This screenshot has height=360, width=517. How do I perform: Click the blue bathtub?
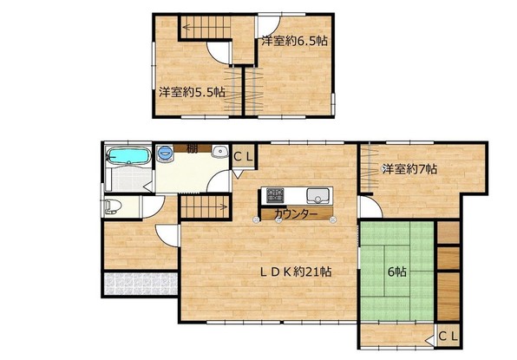click(128, 155)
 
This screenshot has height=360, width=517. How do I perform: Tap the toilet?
click(113, 206)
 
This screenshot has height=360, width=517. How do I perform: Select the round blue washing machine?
click(164, 153)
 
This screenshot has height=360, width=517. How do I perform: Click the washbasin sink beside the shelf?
click(219, 152)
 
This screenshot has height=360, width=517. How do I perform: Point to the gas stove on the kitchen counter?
click(275, 195)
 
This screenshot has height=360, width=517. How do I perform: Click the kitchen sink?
click(317, 195)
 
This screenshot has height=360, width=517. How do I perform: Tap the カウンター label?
click(296, 214)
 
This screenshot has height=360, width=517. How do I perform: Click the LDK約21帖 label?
click(296, 272)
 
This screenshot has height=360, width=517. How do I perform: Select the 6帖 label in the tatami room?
click(397, 272)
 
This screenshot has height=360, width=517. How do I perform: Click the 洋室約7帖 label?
click(409, 169)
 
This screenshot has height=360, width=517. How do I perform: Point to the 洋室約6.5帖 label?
click(294, 41)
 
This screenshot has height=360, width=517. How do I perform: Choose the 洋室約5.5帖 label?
click(193, 92)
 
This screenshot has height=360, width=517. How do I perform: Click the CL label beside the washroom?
click(244, 157)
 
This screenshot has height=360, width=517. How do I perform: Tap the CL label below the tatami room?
click(448, 337)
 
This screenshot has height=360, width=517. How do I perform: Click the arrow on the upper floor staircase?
click(206, 27)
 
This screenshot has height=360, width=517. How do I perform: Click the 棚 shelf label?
click(193, 148)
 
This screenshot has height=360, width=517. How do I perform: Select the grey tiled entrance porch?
click(141, 284)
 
